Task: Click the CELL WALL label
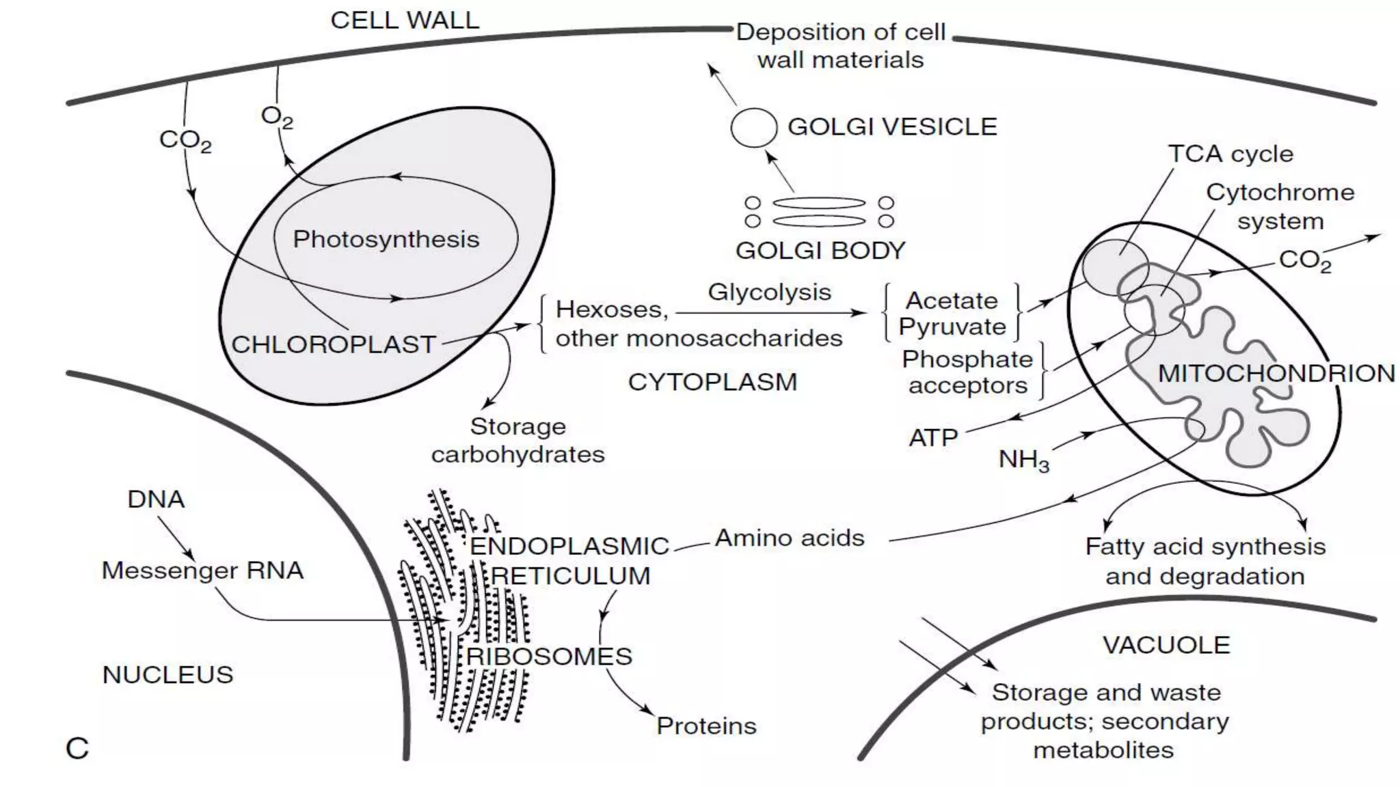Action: click(405, 20)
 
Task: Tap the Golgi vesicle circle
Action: click(753, 128)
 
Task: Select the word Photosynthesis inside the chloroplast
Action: click(386, 239)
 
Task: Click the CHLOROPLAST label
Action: click(334, 344)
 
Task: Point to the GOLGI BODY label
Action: click(820, 251)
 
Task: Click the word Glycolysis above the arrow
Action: click(769, 292)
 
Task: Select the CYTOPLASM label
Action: click(712, 382)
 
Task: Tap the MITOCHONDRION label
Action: click(1276, 374)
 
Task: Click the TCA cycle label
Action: click(1230, 154)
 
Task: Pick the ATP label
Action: click(933, 437)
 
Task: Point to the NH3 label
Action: click(1023, 460)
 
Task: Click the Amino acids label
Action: click(790, 538)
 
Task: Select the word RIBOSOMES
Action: click(549, 657)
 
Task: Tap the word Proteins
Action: click(706, 726)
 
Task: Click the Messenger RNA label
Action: click(202, 570)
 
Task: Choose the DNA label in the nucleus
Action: click(156, 499)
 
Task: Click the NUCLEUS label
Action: click(167, 675)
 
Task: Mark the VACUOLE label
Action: click(1166, 645)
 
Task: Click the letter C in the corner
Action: click(77, 749)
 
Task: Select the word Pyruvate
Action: click(952, 327)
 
